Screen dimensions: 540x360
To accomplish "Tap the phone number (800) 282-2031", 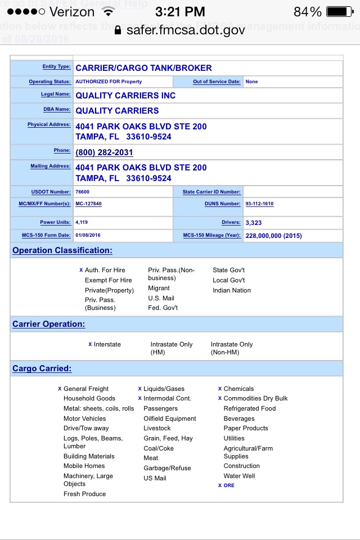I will coord(104,152).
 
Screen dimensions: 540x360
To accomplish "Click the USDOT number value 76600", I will coord(82,192).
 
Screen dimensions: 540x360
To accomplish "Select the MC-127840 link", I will coord(88,204).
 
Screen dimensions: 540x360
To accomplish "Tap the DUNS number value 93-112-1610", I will coord(259,204).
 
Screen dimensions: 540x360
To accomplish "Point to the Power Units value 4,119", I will coord(81,222).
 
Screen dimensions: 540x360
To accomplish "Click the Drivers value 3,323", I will coord(254,223).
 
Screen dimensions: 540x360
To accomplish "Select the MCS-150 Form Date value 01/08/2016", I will coord(88,235).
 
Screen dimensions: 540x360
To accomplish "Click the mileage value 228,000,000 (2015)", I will coord(273,236).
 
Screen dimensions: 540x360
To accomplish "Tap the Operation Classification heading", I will coord(62,250).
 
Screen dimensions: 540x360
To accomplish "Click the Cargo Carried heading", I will coord(42,368).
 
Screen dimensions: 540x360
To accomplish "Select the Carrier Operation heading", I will coord(49,324).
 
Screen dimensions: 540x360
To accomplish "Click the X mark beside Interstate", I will coord(90,344).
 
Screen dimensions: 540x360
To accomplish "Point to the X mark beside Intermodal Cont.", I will coord(140,398).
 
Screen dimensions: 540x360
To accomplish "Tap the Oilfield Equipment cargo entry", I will coord(170,418).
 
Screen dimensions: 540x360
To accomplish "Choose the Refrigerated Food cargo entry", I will coord(250,408).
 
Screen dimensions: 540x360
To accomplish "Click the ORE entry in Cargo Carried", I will coord(229,485).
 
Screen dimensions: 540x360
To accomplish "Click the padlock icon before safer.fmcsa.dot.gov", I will coord(118,30).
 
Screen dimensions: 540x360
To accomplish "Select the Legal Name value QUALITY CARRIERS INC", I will coord(125,96).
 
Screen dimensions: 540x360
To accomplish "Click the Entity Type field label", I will coord(56,67).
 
